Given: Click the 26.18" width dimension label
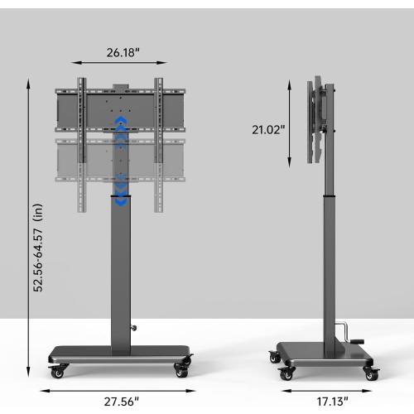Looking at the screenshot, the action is [x=123, y=52].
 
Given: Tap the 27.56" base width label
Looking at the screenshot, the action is [x=122, y=402].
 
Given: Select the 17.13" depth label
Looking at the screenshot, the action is [x=332, y=402].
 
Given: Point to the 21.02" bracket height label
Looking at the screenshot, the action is [x=268, y=130].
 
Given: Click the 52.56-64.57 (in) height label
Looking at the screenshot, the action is [x=38, y=248].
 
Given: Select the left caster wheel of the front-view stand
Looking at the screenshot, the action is [x=57, y=371].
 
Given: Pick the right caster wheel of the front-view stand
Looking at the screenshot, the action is [x=182, y=371].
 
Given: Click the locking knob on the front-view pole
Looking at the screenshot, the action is [x=134, y=328].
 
